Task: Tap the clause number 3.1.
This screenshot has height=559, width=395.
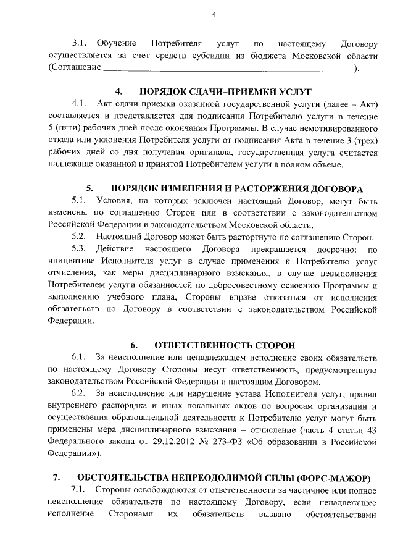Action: (x=80, y=44)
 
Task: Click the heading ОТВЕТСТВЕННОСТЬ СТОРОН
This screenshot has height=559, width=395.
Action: (x=225, y=345)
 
